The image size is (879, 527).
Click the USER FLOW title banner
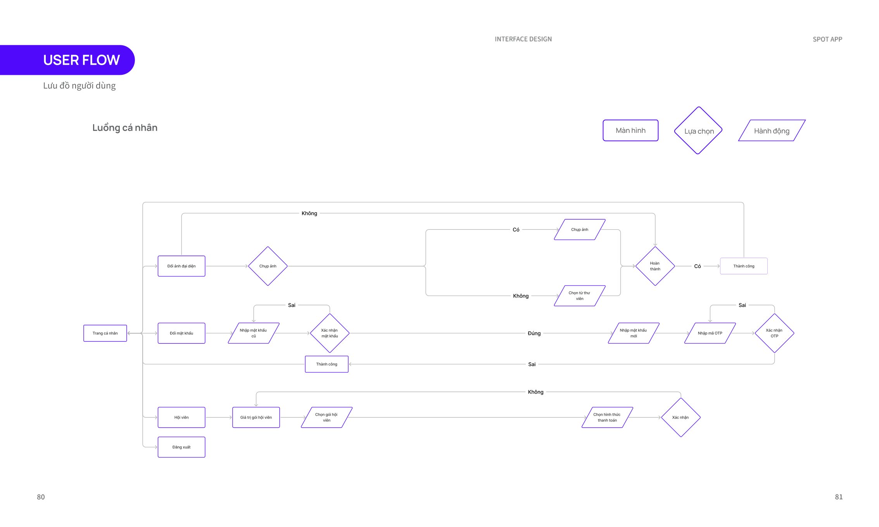tap(67, 60)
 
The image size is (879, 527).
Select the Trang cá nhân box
tap(105, 333)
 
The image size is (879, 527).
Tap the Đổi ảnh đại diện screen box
tap(181, 266)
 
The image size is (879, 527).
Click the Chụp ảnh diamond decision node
tap(268, 266)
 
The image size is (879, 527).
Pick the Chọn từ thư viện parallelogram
tap(580, 296)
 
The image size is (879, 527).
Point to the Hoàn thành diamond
tap(655, 266)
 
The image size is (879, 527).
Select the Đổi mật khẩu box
tap(181, 333)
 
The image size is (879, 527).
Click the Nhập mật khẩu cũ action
tap(254, 333)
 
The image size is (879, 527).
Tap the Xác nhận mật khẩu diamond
tap(330, 333)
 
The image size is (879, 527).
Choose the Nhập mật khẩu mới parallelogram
tap(634, 333)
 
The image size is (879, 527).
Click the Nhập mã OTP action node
tap(710, 333)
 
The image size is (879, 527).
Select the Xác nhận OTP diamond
tap(774, 333)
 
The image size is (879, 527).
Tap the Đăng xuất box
tap(181, 447)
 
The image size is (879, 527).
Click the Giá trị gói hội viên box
tap(256, 417)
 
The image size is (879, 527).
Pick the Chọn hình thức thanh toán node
tap(607, 417)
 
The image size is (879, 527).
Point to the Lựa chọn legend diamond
tap(698, 131)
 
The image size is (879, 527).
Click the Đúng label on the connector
tap(534, 333)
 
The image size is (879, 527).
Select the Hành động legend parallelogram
tap(772, 131)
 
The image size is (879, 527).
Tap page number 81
tap(839, 497)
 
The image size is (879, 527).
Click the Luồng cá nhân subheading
tap(125, 128)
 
